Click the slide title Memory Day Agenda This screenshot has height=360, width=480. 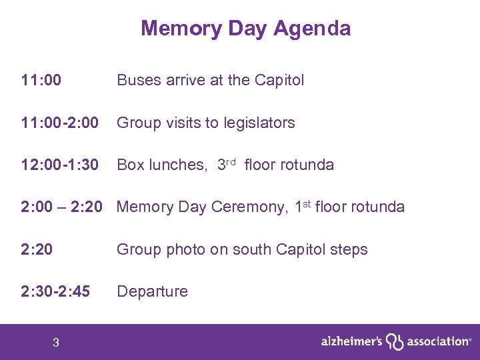[245, 29]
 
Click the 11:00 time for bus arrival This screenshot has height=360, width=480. [41, 81]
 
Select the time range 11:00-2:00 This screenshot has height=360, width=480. [60, 123]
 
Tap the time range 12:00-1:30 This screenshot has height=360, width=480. [60, 165]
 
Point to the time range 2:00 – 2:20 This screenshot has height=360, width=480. [61, 207]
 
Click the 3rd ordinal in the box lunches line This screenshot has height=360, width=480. [227, 164]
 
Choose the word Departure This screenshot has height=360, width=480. [152, 291]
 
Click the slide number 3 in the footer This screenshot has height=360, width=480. [56, 343]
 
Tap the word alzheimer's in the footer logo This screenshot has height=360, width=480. [351, 341]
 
